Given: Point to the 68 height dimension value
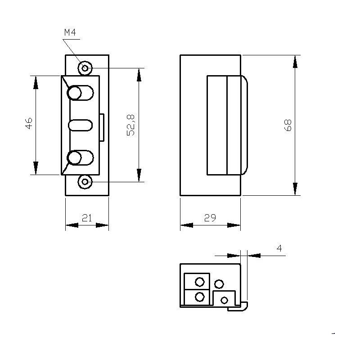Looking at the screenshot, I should click(x=288, y=125).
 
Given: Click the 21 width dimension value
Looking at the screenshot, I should click(x=87, y=218).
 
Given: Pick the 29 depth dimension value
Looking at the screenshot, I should click(x=210, y=218).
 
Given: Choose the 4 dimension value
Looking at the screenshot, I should click(x=279, y=248).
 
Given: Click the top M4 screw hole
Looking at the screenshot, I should click(x=85, y=68).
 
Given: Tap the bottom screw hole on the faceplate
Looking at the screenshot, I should click(x=85, y=182).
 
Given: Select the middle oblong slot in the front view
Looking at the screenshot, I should click(x=81, y=125).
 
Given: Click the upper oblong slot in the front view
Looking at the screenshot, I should click(x=81, y=93).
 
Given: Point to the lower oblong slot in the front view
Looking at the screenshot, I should click(x=81, y=158).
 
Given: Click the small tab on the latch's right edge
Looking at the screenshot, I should click(x=103, y=127).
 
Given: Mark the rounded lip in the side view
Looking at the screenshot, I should click(x=244, y=125).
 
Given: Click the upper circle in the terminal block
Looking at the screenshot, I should click(x=200, y=282).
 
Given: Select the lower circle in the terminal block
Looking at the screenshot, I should click(x=200, y=297).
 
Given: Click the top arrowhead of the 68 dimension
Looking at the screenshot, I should click(x=295, y=61).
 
